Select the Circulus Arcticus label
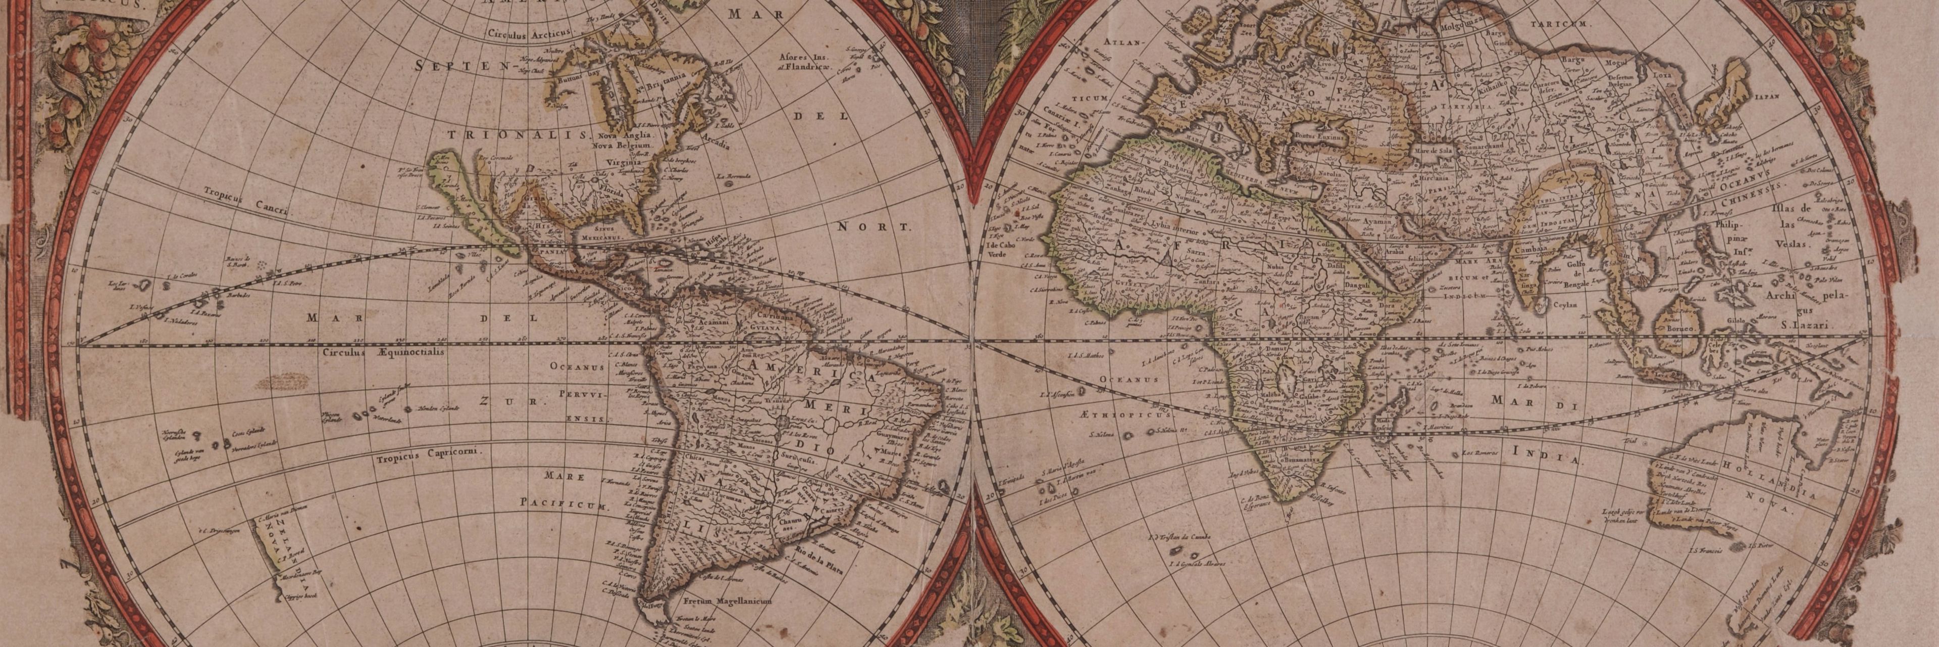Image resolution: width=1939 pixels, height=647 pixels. point(530,34)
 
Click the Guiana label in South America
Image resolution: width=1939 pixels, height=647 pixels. point(765,318)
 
